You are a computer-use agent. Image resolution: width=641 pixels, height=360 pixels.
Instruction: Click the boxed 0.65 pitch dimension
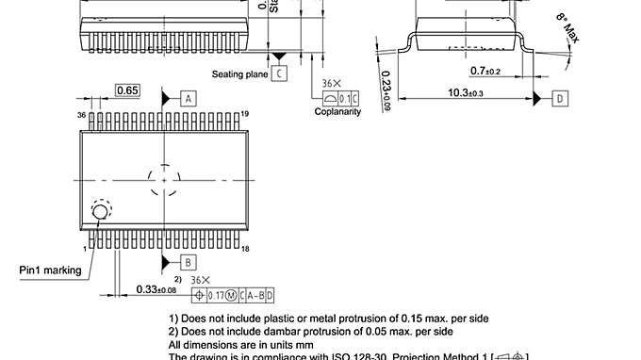click(x=127, y=90)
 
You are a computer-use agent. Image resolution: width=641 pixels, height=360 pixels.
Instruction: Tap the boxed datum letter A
click(x=189, y=98)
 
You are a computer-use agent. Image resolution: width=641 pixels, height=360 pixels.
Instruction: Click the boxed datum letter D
click(x=559, y=98)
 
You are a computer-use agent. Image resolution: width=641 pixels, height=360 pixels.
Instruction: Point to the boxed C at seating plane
click(x=279, y=73)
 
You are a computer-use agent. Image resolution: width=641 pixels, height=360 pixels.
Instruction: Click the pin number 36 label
click(x=82, y=114)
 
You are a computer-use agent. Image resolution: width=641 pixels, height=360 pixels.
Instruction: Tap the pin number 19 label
click(x=245, y=114)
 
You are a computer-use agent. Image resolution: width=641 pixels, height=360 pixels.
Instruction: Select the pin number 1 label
click(x=85, y=248)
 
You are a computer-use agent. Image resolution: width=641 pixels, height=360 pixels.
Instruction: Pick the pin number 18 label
click(x=245, y=248)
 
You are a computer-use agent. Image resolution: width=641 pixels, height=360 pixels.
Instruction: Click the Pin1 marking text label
click(x=50, y=270)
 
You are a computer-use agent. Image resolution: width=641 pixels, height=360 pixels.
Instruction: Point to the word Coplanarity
click(x=337, y=111)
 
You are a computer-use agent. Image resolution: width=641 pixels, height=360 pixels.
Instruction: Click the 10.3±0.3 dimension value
click(x=465, y=92)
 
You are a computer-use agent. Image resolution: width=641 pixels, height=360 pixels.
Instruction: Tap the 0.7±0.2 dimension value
click(x=485, y=71)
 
